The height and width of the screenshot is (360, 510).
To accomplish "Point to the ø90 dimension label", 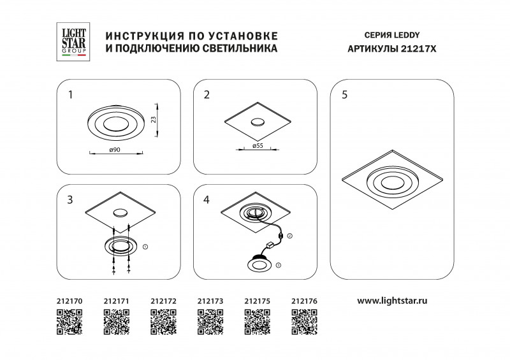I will pyautogui.click(x=115, y=149).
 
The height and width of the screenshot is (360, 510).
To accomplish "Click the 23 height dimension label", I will pyautogui.click(x=154, y=119).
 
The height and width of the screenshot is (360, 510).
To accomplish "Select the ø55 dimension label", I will pyautogui.click(x=258, y=146).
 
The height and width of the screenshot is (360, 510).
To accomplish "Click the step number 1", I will pyautogui.click(x=71, y=95).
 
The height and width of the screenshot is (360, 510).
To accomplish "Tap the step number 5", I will pyautogui.click(x=344, y=95).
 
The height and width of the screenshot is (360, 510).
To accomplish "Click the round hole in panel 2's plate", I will pyautogui.click(x=258, y=122).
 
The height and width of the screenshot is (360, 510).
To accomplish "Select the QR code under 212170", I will pyautogui.click(x=70, y=321).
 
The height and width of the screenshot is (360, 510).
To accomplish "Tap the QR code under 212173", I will pyautogui.click(x=210, y=321).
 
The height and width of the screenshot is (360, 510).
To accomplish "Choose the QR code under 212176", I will pyautogui.click(x=304, y=321).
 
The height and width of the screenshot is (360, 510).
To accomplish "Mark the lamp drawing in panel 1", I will pyautogui.click(x=115, y=124).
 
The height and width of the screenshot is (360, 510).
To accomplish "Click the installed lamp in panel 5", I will pyautogui.click(x=391, y=182).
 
